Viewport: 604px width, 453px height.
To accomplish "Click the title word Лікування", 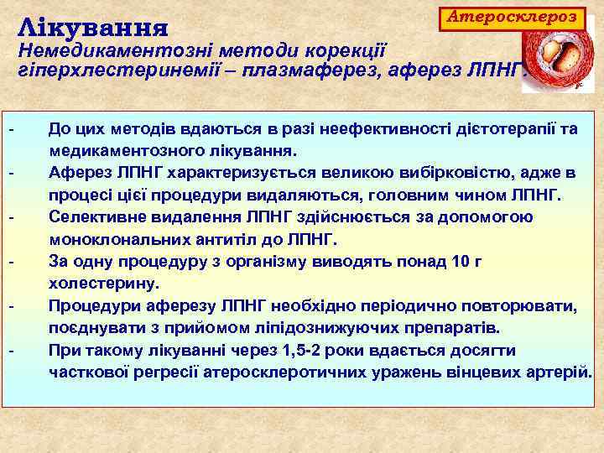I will pos(93,27).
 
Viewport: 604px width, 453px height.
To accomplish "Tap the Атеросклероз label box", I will pos(513,16).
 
